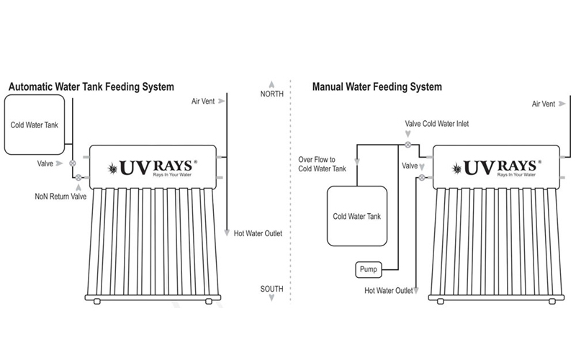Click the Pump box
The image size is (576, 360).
pos(369,269)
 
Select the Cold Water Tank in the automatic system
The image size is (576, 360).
pos(35,125)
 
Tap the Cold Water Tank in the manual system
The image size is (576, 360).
pos(357,216)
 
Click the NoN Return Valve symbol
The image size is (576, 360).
pos(78,177)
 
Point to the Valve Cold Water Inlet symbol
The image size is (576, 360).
pos(408,145)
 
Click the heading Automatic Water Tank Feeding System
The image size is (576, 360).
pos(91,87)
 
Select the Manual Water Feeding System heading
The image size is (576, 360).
pos(377,87)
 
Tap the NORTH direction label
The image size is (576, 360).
pos(272,94)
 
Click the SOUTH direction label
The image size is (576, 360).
pos(272,289)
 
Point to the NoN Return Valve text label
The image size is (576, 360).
pos(60,197)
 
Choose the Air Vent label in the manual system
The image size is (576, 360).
pos(544,104)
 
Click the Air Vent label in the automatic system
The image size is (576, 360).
pos(203,101)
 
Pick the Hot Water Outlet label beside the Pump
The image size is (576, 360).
pos(389,291)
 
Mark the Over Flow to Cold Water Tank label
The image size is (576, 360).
pos(322,164)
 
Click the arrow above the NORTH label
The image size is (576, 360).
pos(271,84)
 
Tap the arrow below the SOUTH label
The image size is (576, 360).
pos(271,298)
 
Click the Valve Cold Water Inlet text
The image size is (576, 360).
pos(437,124)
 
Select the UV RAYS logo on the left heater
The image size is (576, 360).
pos(152,168)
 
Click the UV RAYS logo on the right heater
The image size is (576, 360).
pos(496,168)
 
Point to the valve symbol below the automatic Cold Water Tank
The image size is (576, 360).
pos(73,163)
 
